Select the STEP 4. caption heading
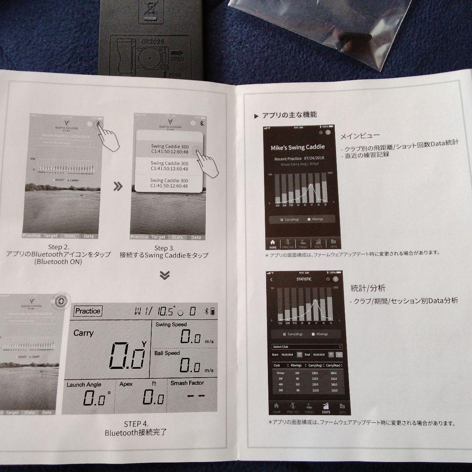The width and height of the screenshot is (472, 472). [135, 424]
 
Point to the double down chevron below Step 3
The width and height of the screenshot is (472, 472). [165, 275]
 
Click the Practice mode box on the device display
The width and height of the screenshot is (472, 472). [88, 311]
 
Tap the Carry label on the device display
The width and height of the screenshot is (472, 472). [83, 333]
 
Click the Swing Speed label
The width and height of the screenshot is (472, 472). [171, 324]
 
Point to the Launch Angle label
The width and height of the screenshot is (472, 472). [84, 385]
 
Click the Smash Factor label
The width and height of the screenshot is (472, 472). [187, 383]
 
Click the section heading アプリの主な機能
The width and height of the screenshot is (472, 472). [289, 115]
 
